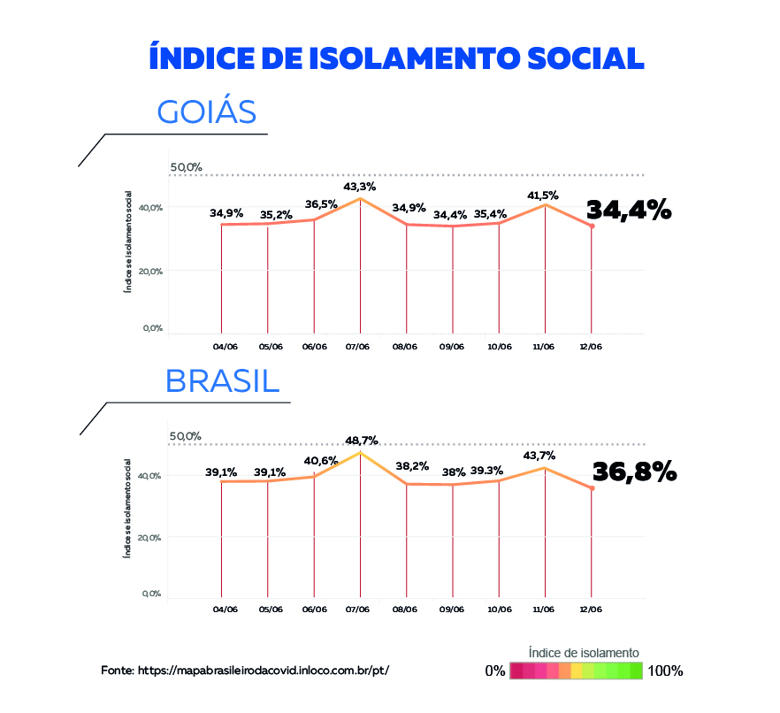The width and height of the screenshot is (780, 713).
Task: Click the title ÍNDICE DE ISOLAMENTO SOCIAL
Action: pos(396,57)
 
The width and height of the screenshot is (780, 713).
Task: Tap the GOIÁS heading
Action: pos(206,112)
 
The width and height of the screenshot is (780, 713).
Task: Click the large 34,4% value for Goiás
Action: pos(629,210)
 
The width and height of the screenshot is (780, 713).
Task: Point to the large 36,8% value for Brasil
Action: pos(634,471)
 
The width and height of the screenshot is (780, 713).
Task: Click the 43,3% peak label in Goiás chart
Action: pos(360,187)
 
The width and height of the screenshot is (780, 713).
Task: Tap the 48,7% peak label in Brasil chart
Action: pos(362,441)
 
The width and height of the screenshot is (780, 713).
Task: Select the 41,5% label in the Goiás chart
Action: pos(545,195)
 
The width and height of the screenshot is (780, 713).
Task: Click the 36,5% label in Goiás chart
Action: pos(314,203)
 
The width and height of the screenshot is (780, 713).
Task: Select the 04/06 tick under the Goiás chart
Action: pos(226,347)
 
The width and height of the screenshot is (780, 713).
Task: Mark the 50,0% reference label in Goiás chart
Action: pos(187,167)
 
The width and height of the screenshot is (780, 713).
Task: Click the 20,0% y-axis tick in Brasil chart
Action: pos(149,537)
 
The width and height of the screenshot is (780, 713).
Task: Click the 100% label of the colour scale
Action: pos(665,671)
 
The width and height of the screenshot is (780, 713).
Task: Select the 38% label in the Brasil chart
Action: pos(452,471)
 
